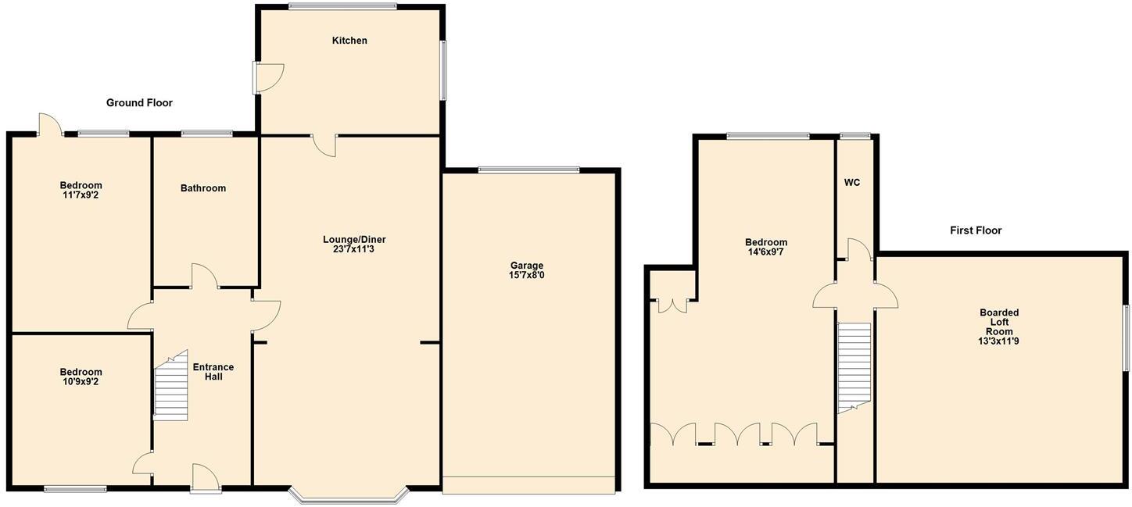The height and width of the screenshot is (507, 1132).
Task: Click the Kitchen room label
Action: click(349, 41)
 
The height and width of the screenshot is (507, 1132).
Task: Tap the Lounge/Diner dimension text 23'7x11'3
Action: click(354, 250)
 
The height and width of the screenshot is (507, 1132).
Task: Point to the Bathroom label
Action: click(203, 188)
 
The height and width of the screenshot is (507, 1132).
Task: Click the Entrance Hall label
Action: click(213, 372)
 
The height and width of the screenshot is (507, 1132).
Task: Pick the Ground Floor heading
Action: click(139, 103)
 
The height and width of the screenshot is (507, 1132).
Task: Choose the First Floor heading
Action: click(976, 230)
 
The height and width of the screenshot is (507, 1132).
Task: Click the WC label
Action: click(852, 183)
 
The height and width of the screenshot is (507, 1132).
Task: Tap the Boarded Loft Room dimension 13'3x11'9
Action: click(998, 341)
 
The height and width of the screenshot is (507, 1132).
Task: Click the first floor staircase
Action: click(854, 366)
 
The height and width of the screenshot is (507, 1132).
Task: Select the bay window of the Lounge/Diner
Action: click(348, 495)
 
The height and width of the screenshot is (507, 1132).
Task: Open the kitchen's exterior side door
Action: click(266, 77)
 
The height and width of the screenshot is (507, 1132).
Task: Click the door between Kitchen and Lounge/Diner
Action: click(324, 145)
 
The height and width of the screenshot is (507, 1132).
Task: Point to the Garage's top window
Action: click(528, 169)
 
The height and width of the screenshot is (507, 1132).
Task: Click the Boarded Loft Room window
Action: click(1127, 337)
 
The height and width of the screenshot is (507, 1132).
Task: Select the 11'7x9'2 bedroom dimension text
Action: click(81, 195)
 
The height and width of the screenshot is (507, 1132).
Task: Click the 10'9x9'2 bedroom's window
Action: click(75, 489)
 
